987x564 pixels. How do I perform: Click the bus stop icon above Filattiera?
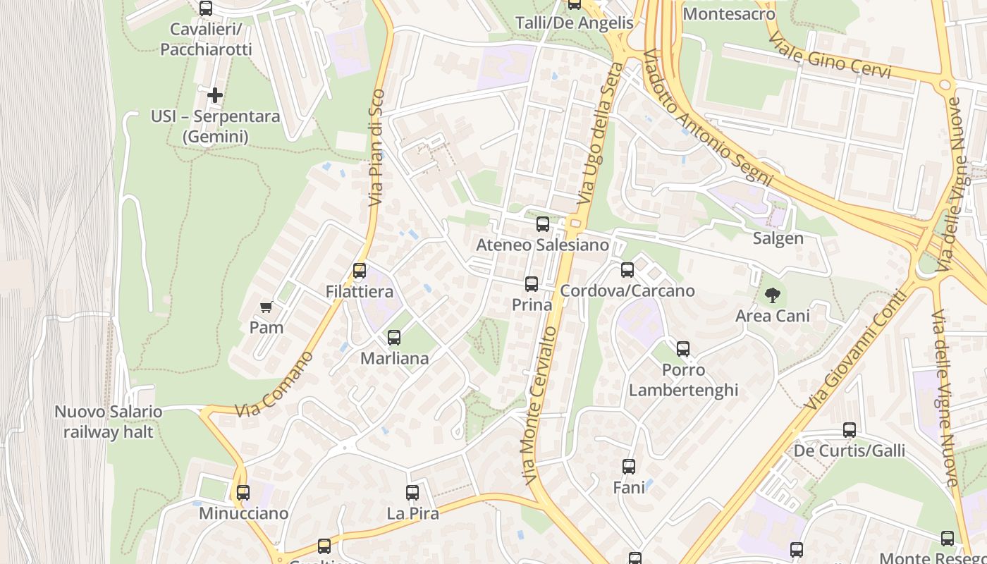(360, 271)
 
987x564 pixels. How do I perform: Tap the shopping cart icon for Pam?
(266, 307)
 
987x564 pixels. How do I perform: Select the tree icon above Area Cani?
(773, 295)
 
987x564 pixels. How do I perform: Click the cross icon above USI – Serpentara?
(215, 94)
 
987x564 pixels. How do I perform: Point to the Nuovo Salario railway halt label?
(109, 422)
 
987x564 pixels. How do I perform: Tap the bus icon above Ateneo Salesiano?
(542, 224)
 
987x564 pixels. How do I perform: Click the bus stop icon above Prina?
(532, 284)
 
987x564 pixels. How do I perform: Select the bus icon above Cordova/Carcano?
(627, 270)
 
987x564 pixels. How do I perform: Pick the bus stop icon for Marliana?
(394, 338)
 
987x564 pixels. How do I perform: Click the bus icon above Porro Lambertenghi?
(682, 349)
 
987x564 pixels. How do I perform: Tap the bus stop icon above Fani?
(628, 467)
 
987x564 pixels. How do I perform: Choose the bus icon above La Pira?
(412, 493)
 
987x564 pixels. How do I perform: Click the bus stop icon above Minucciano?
(243, 493)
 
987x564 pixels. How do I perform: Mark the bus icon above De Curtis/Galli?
(850, 430)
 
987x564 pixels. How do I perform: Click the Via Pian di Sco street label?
(377, 148)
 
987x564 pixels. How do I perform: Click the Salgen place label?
(778, 238)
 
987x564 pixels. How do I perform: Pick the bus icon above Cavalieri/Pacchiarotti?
(206, 9)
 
